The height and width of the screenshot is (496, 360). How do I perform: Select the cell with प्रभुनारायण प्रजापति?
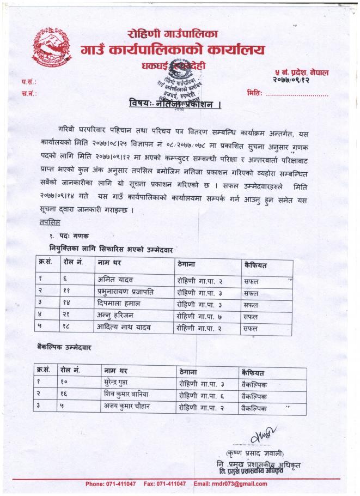pos(125,292)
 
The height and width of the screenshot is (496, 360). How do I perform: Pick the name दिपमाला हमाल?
pos(118,304)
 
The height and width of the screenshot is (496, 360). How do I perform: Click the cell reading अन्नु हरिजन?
pos(116,316)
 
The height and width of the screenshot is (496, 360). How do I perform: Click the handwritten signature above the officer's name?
pos(261,436)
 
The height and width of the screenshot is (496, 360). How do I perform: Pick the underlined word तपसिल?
pos(50,222)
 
